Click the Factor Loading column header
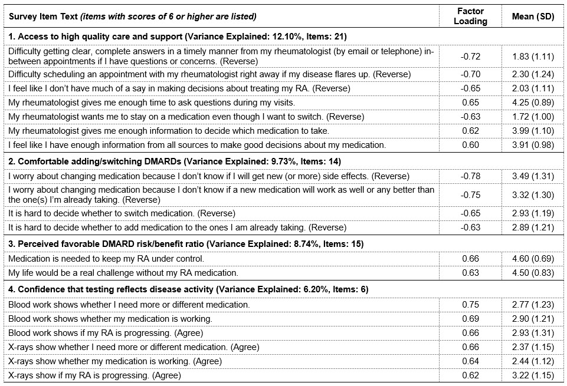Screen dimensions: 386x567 click(x=470, y=16)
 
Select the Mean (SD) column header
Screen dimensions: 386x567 click(x=533, y=17)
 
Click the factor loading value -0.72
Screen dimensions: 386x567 click(x=470, y=57)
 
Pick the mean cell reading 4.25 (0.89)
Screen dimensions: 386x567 click(x=533, y=102)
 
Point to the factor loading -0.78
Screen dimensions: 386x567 click(x=470, y=176)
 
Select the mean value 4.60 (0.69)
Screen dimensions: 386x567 click(x=533, y=258)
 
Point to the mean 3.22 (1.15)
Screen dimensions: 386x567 click(x=533, y=375)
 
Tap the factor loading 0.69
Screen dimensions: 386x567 click(x=470, y=319)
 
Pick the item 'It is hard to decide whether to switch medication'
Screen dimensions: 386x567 click(x=122, y=213)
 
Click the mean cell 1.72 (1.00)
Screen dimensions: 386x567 click(x=533, y=116)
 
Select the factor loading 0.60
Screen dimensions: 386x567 click(x=470, y=144)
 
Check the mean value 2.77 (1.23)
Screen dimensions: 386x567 click(x=533, y=305)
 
